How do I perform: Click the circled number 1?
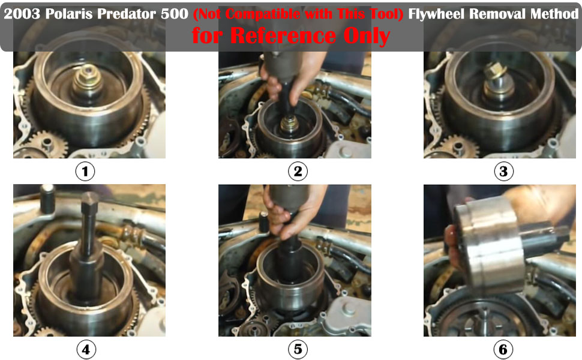[85, 172]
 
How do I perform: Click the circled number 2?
[298, 172]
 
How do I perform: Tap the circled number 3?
[503, 172]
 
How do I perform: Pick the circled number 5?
[298, 349]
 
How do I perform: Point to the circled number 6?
[503, 349]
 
